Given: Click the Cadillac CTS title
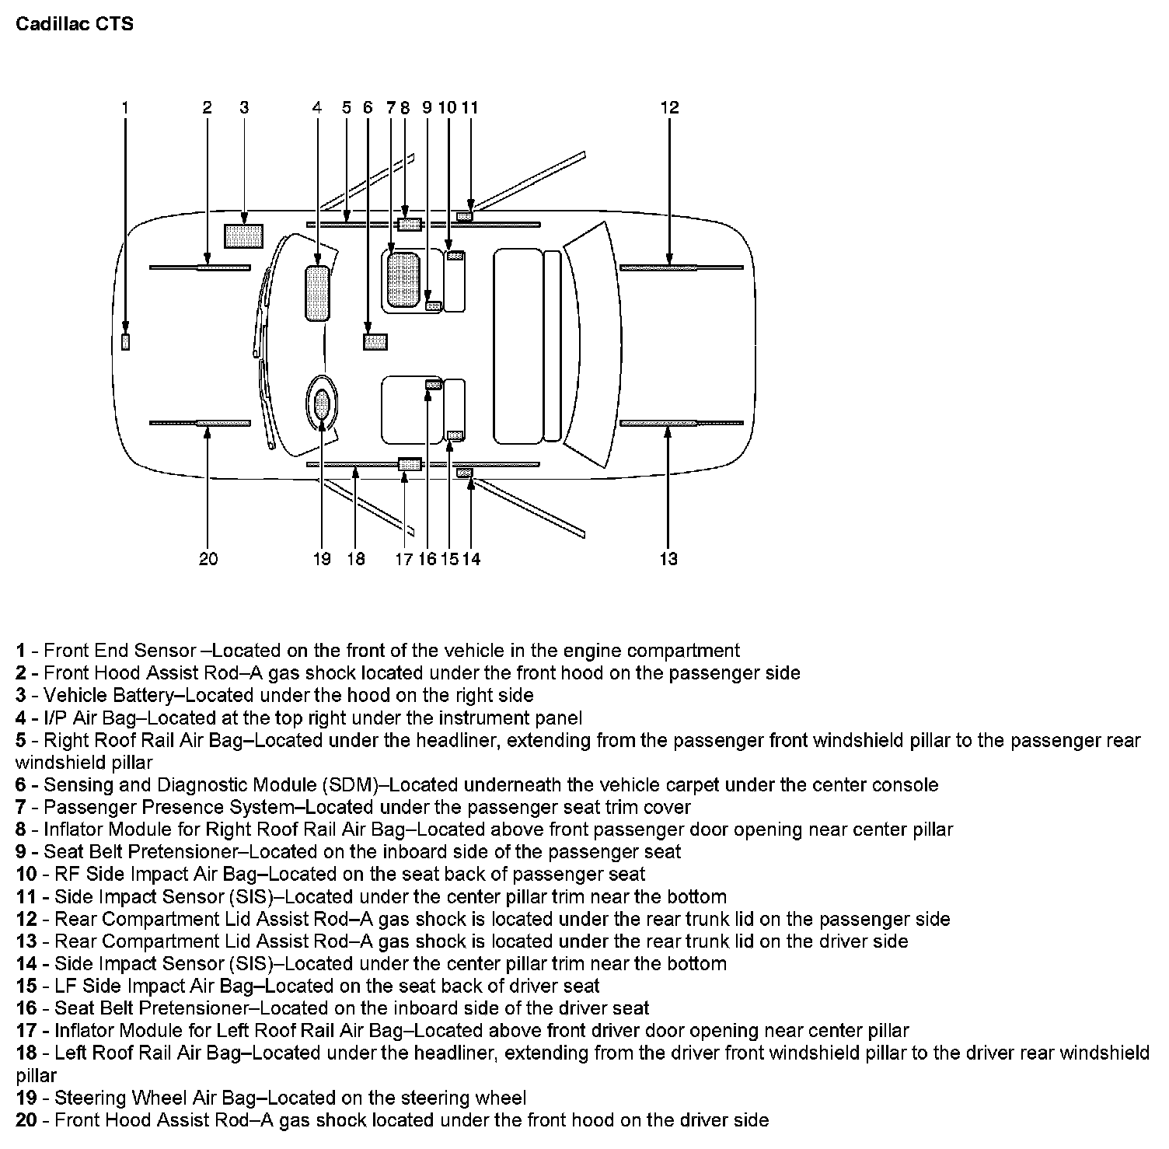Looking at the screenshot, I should pos(75,24).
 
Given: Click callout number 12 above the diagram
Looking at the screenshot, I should pos(669,108).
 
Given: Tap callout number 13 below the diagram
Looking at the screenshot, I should pos(668,559).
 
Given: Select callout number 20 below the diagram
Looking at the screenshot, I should pos(208,559).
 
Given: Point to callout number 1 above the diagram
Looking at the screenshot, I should pos(125,108).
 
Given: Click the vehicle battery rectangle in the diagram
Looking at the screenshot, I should pos(243,236).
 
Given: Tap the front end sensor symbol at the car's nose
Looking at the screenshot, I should pos(126,341).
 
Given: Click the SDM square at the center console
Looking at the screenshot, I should pos(375,341).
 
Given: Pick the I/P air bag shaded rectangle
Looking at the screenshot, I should pos(317,293).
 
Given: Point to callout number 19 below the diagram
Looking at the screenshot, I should pos(322,559).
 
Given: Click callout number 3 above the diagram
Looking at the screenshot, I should pos(244,108).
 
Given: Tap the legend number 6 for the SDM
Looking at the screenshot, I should pos(21,785).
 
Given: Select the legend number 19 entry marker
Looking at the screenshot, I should pos(26,1098).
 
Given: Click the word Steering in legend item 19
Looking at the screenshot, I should pos(90,1098).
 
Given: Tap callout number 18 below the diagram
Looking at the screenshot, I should pos(356,559).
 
